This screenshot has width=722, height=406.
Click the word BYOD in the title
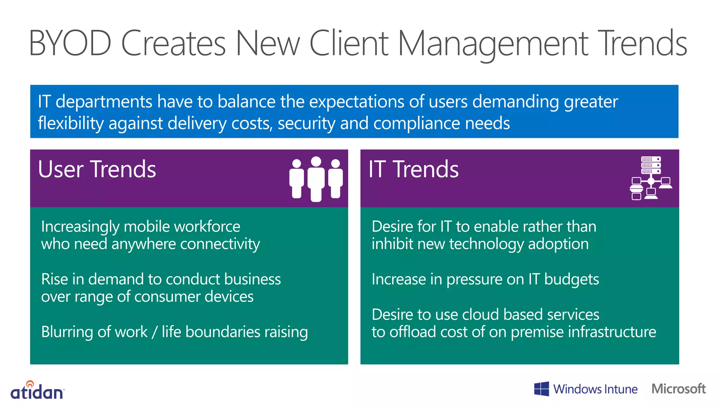(x=70, y=44)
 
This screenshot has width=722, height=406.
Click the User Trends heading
(x=97, y=170)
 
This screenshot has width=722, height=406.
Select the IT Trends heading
(x=413, y=170)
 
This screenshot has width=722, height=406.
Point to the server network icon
(x=651, y=178)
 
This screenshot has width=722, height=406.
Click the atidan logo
(x=37, y=390)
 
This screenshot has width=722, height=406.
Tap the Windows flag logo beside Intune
(x=541, y=389)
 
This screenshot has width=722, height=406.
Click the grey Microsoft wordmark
(x=678, y=389)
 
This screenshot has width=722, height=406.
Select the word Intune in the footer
(x=620, y=389)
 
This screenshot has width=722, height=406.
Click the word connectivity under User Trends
(x=220, y=244)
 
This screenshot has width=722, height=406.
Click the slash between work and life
(x=154, y=332)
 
